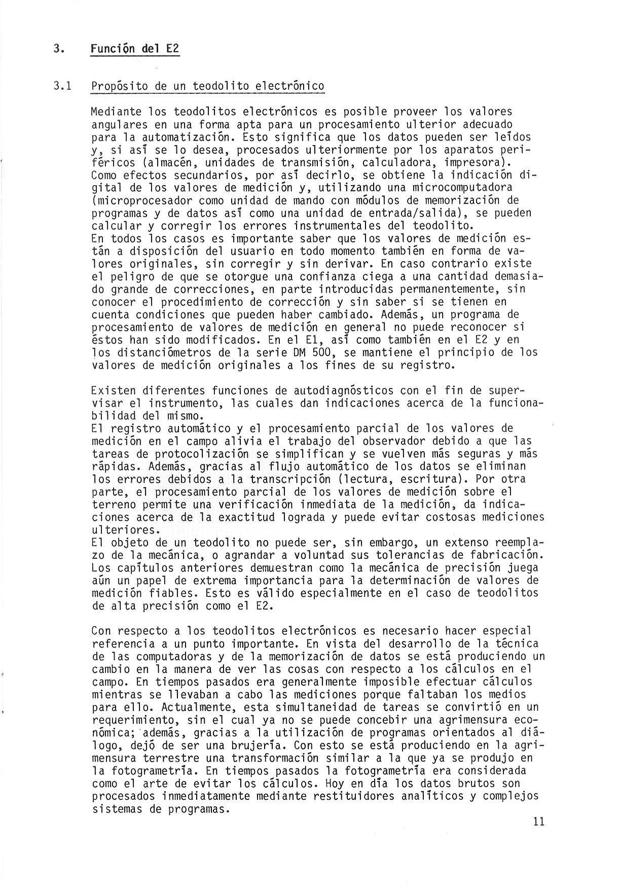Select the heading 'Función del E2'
pyautogui.click(x=135, y=49)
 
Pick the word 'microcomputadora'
pyautogui.click(x=461, y=188)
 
